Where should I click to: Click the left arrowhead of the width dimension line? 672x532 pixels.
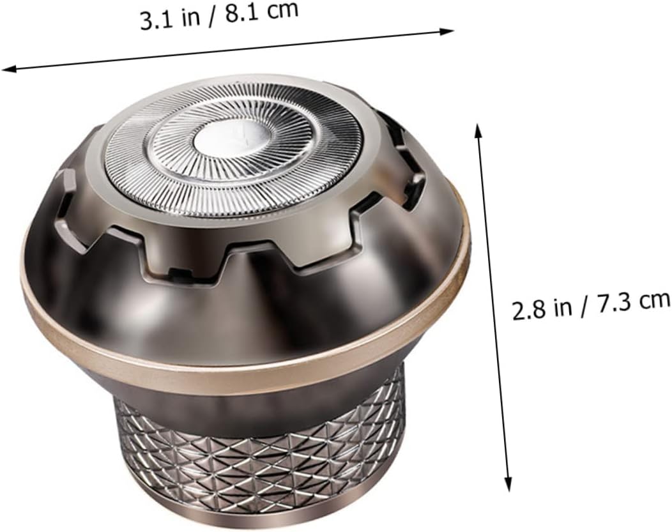click(8, 68)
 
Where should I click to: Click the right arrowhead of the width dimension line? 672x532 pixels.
click(447, 31)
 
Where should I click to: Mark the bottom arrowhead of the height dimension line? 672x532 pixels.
click(508, 484)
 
